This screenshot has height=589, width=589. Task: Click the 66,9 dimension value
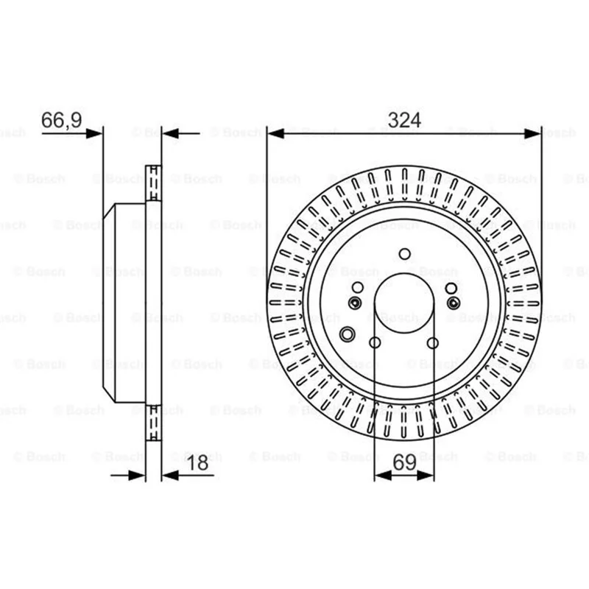pyautogui.click(x=62, y=120)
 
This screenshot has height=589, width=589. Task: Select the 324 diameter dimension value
pyautogui.click(x=404, y=120)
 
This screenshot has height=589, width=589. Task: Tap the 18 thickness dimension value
pyautogui.click(x=197, y=463)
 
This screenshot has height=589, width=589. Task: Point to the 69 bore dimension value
pyautogui.click(x=404, y=462)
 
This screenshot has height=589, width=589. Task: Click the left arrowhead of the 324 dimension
pyautogui.click(x=275, y=133)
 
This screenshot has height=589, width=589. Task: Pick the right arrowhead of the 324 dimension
pyautogui.click(x=532, y=133)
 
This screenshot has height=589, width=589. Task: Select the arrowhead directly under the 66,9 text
pyautogui.click(x=94, y=133)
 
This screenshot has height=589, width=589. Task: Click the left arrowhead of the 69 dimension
pyautogui.click(x=383, y=476)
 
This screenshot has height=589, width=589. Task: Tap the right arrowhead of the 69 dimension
pyautogui.click(x=426, y=476)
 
